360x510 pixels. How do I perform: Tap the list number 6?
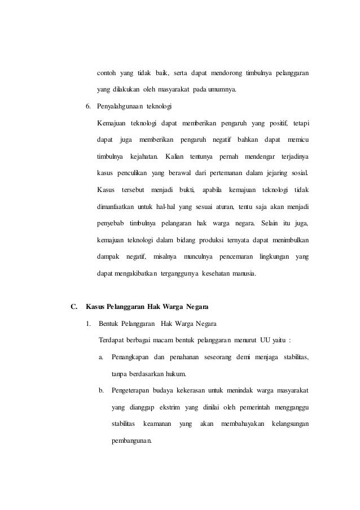click(x=87, y=106)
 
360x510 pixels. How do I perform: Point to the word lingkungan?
click(x=273, y=258)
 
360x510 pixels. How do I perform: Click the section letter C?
click(x=73, y=307)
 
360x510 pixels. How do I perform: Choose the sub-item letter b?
click(x=100, y=390)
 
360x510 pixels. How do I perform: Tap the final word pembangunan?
click(x=131, y=440)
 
